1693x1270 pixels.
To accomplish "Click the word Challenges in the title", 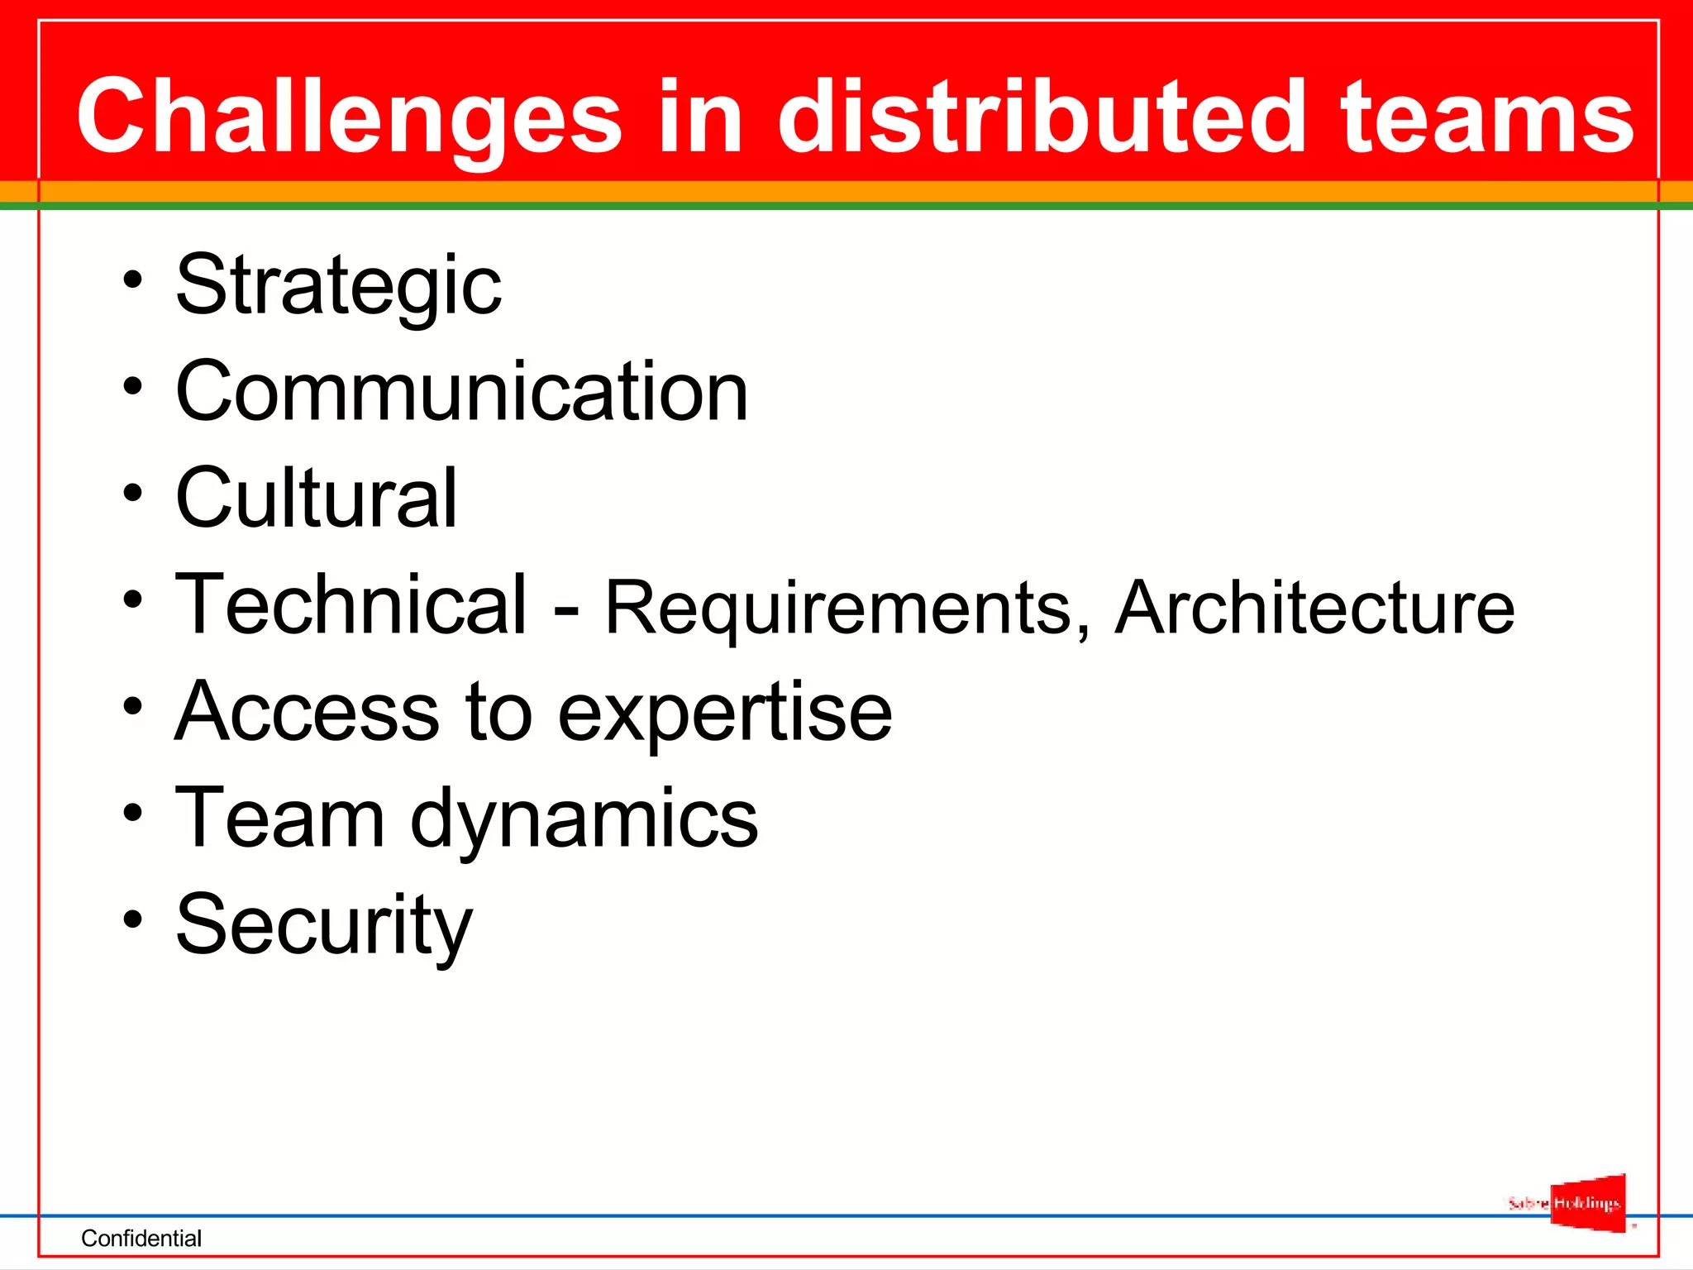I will point(348,117).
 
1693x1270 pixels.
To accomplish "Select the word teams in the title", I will point(1487,117).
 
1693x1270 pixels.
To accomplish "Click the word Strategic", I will point(338,285).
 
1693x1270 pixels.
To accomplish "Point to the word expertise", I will point(725,713).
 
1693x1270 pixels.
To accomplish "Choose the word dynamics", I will point(584,819).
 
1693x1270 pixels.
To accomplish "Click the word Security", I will point(324,924).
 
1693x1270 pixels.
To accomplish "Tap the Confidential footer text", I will point(141,1238).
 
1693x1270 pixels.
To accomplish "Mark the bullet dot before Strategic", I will point(132,279).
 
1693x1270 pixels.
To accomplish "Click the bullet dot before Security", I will point(132,919).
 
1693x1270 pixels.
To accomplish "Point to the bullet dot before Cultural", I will point(132,493).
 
